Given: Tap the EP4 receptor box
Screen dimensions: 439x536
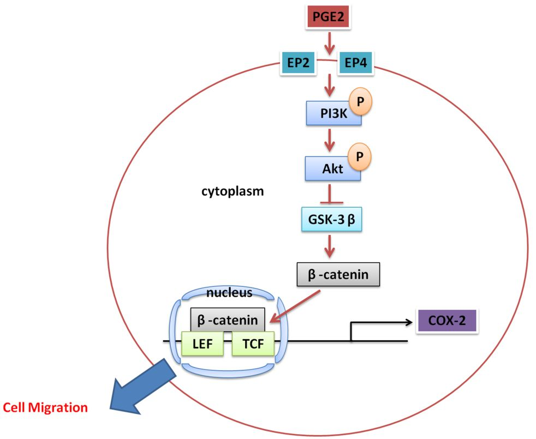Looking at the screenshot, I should tap(356, 64).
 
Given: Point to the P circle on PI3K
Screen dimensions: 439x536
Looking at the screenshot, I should tap(360, 102).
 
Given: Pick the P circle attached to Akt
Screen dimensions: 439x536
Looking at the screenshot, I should tap(360, 156).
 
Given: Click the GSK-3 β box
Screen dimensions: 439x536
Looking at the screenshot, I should tap(332, 220).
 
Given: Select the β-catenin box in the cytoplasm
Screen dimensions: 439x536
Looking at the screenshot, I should tap(337, 274).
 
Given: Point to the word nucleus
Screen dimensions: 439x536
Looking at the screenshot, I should tap(229, 293).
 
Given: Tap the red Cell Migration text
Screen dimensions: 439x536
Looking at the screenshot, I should tap(45, 407).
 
